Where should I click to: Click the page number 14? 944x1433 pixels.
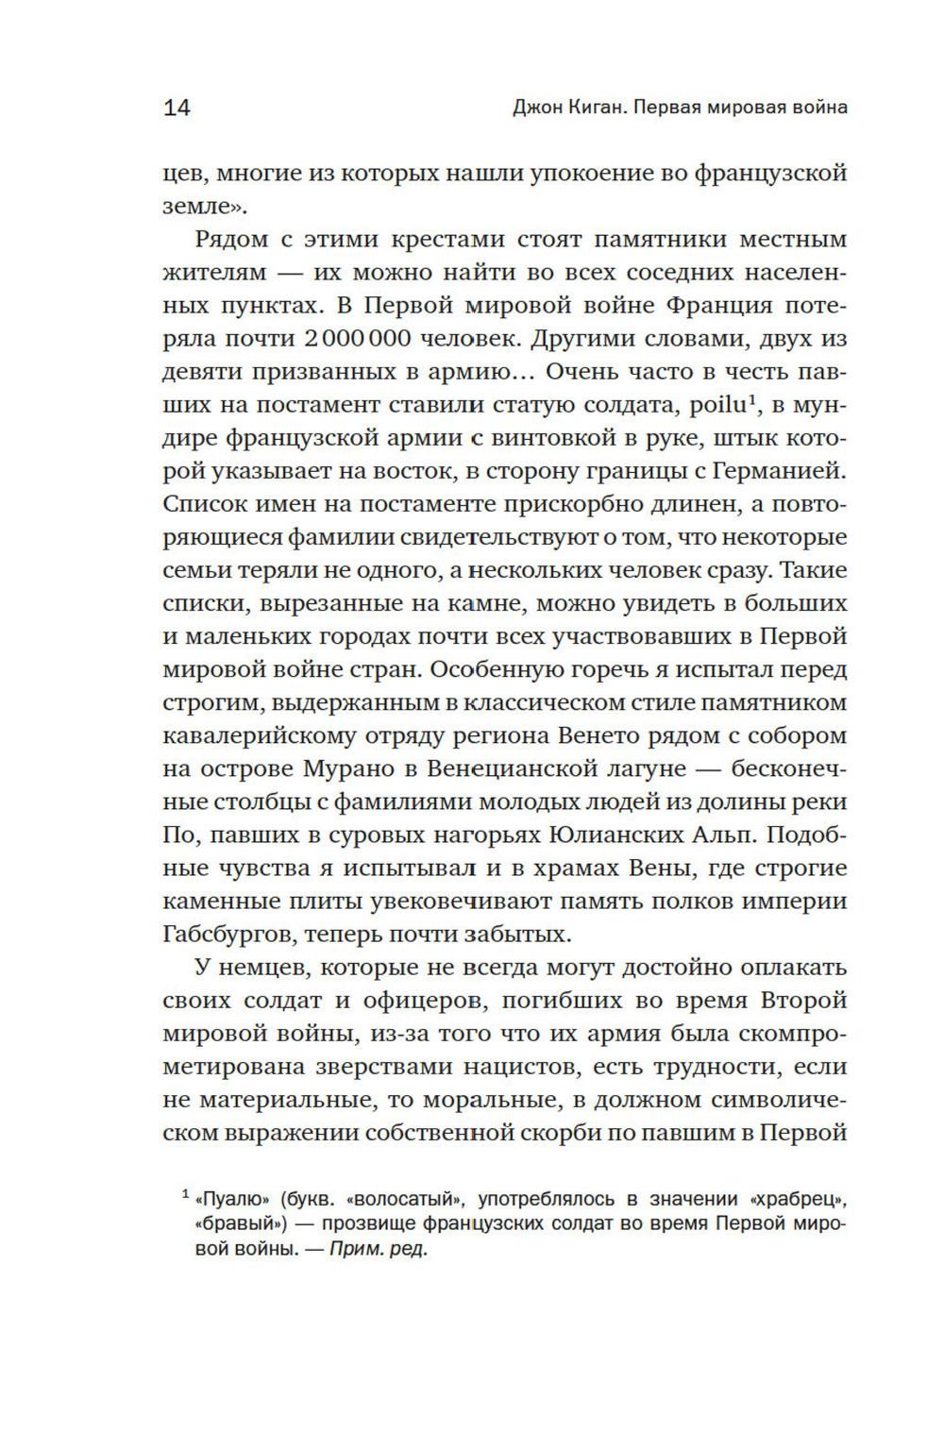(177, 108)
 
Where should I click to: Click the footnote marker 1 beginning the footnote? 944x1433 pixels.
(186, 1195)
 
